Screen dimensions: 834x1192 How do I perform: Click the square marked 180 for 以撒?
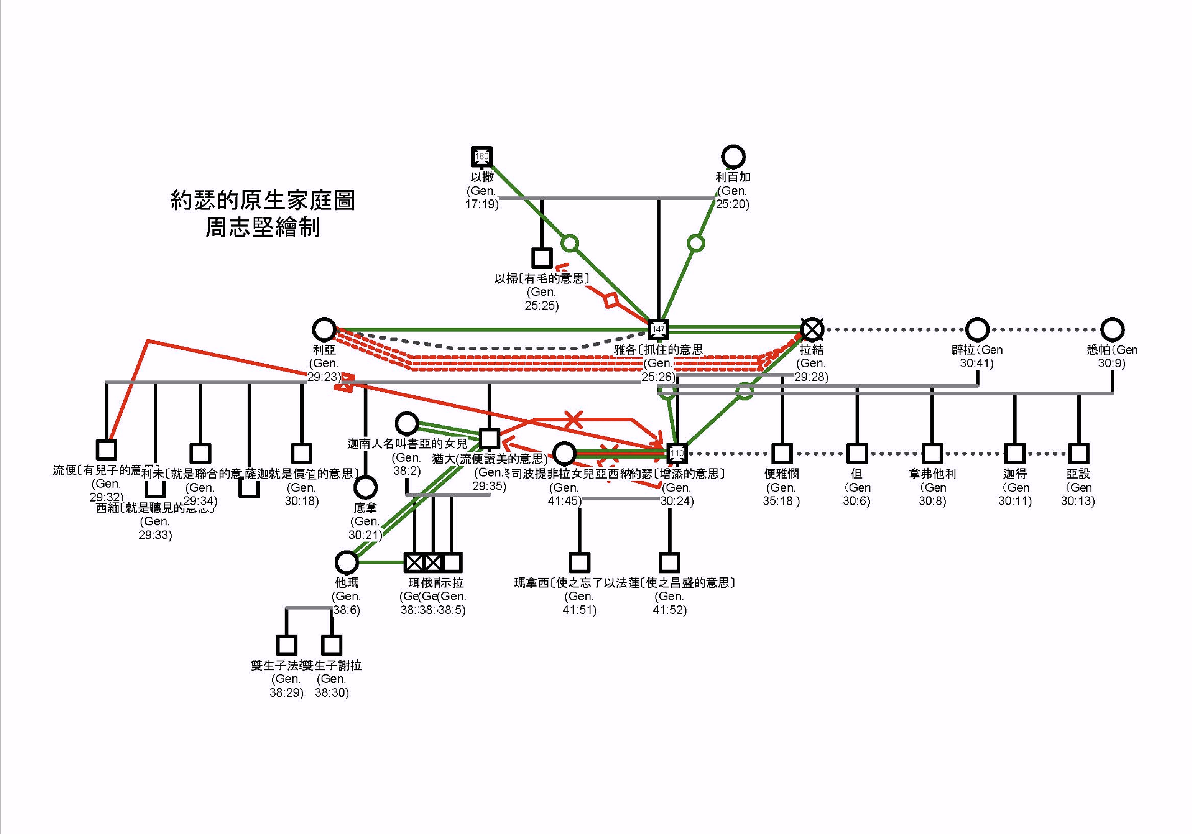(x=482, y=156)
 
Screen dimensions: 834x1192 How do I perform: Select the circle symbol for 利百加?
(x=733, y=156)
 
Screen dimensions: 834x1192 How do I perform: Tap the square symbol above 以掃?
(x=542, y=258)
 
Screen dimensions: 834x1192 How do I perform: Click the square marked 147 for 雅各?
(x=658, y=329)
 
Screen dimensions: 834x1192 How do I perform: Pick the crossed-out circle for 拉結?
(x=812, y=329)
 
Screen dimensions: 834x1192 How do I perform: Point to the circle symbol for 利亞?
(x=324, y=329)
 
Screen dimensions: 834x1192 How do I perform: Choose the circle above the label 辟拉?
(x=977, y=329)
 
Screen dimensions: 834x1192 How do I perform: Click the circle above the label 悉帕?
(x=1112, y=329)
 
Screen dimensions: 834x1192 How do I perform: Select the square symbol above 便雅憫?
(x=782, y=453)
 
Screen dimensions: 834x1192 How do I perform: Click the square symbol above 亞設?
(x=1078, y=453)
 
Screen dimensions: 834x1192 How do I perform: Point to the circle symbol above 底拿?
(x=365, y=488)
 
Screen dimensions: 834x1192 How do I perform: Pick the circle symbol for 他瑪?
(x=347, y=562)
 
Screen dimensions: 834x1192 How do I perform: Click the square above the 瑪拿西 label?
(x=579, y=562)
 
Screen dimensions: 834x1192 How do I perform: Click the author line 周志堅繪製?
(x=263, y=227)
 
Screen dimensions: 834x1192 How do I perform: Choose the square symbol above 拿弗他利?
(x=932, y=453)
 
